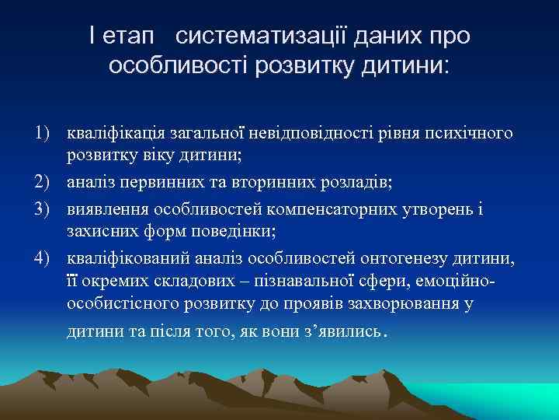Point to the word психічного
tap(472, 134)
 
